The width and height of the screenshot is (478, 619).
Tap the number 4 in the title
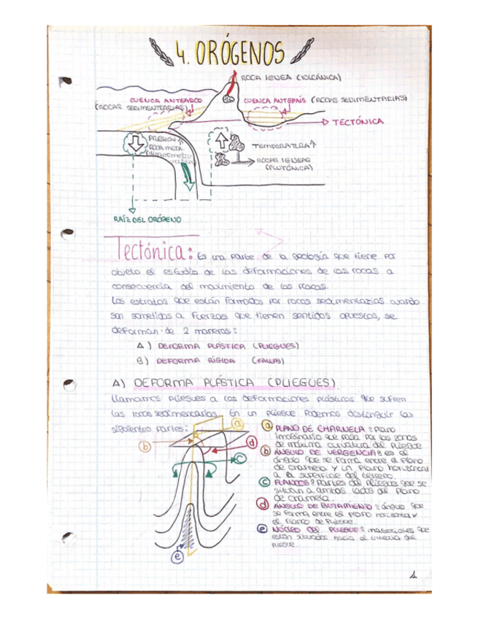coord(180,53)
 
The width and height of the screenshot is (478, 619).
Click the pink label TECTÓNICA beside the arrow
coord(358,123)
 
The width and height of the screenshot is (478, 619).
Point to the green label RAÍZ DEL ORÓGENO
coord(147,218)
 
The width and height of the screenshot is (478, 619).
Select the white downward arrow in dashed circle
coord(136,145)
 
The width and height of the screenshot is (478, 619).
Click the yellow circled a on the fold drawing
coord(236,423)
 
